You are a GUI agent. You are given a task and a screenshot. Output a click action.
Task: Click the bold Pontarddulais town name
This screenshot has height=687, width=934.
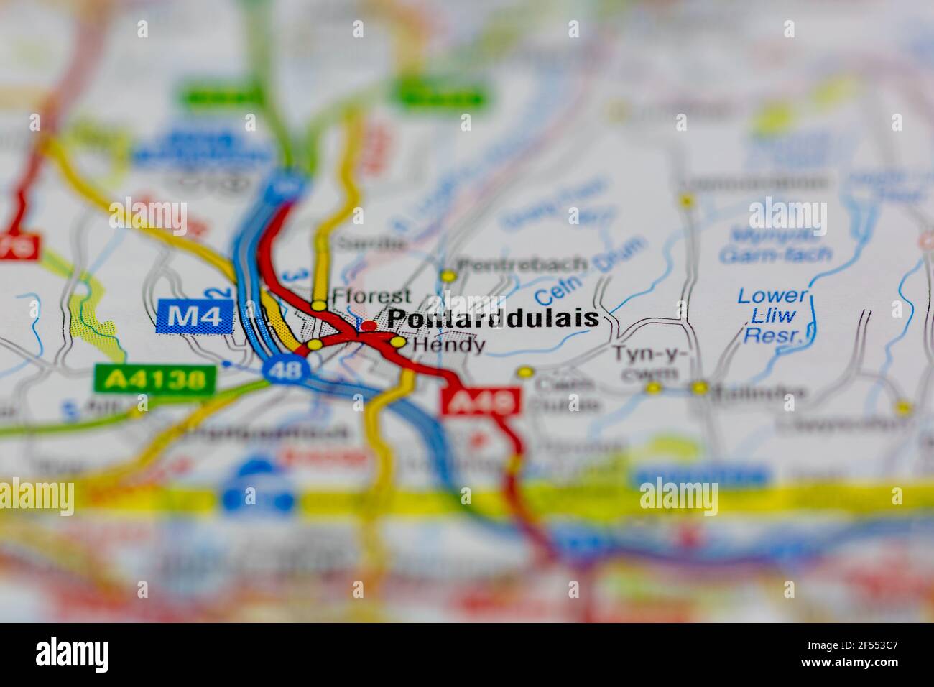[x=493, y=318]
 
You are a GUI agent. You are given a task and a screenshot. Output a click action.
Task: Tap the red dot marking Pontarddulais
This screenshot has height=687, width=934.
[x=369, y=326]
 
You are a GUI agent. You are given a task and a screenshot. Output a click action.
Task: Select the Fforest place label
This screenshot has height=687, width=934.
[x=371, y=296]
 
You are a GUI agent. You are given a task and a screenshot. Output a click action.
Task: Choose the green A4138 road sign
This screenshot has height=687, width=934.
[x=154, y=379]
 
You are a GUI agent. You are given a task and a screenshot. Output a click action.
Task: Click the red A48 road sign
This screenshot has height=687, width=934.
[x=481, y=402]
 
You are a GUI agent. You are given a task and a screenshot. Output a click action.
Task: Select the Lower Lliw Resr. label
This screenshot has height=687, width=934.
[x=772, y=315]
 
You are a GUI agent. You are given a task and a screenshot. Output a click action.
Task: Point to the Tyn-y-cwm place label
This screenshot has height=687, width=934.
[x=649, y=363]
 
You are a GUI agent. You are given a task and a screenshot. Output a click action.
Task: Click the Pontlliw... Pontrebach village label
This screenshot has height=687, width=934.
[x=522, y=264]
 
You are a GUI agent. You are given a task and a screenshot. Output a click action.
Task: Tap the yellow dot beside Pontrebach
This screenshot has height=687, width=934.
[x=448, y=275]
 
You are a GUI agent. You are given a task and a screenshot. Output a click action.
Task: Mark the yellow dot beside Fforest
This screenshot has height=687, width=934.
[x=318, y=305]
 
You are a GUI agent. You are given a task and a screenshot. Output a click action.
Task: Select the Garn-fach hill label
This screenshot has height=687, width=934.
[x=776, y=254]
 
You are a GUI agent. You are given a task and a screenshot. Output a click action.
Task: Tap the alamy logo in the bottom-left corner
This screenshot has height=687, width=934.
[x=73, y=655]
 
